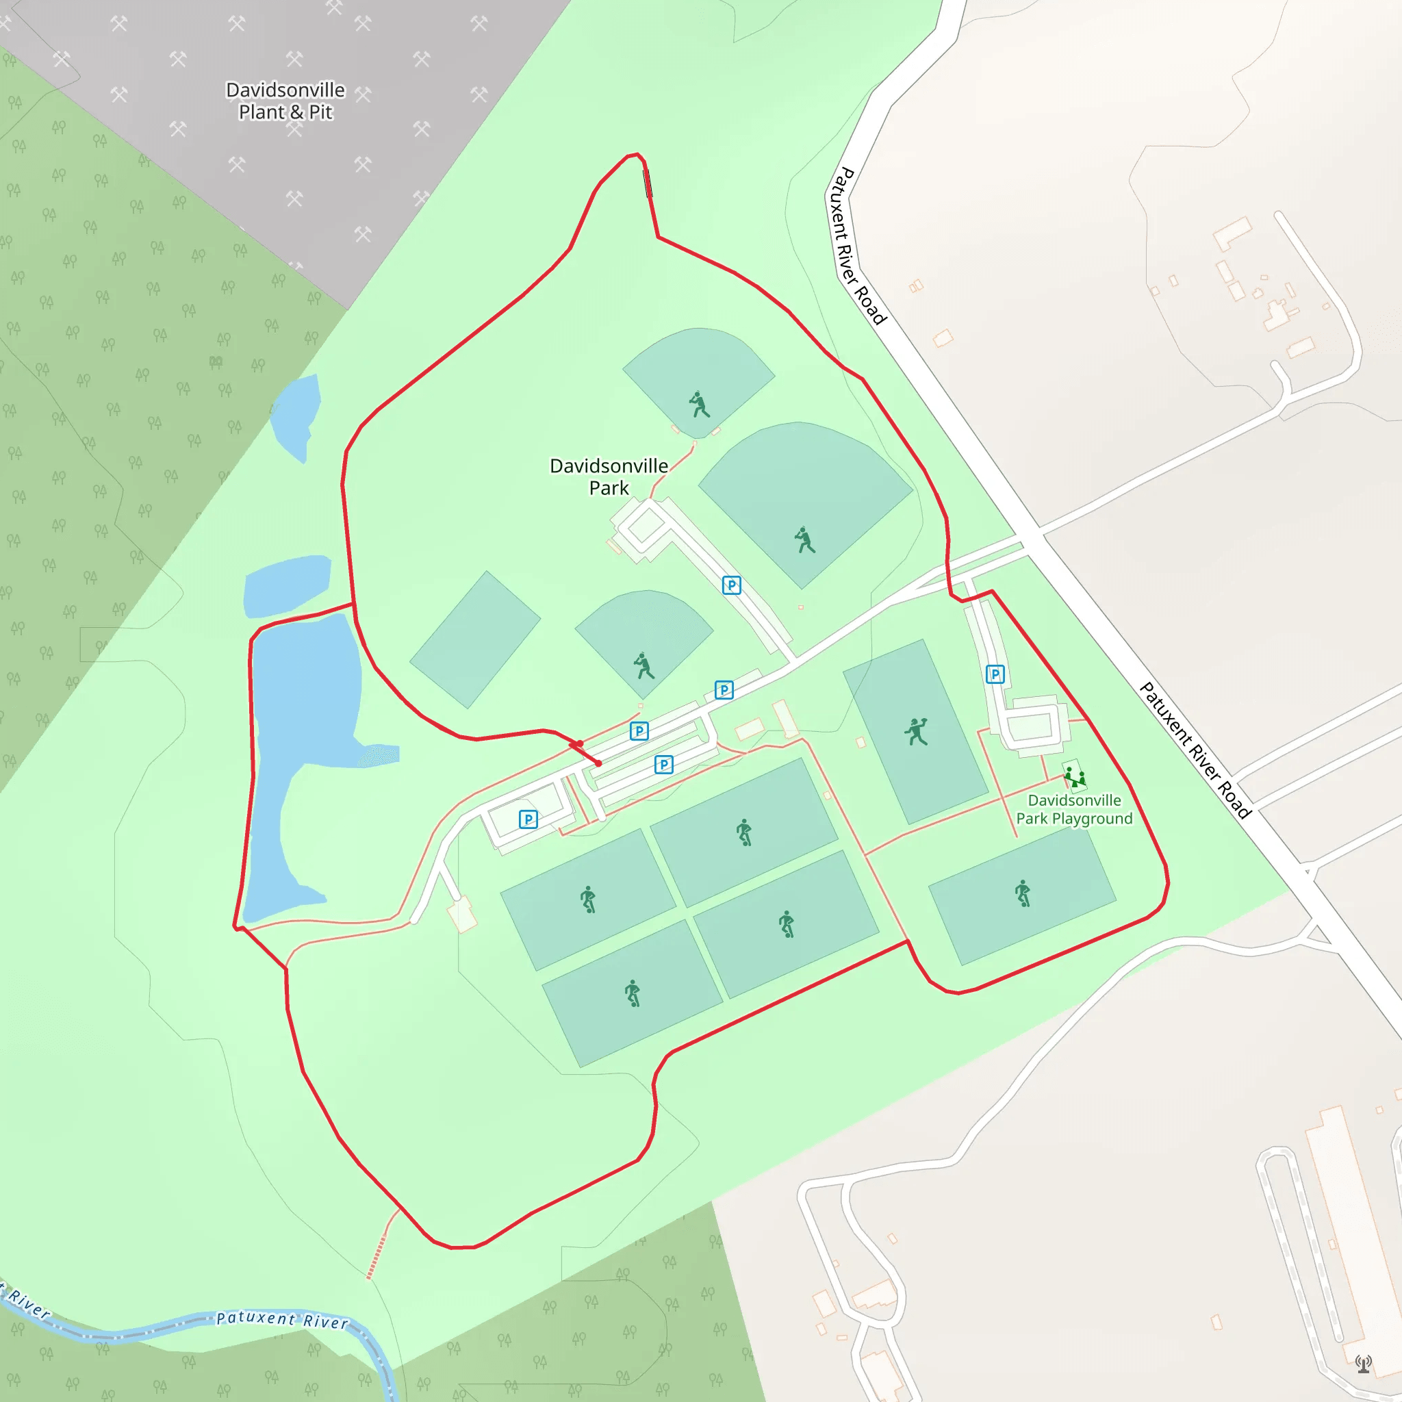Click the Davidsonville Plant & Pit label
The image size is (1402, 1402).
click(x=285, y=101)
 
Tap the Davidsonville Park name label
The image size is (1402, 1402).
click(x=609, y=476)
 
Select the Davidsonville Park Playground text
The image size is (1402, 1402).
click(x=1074, y=809)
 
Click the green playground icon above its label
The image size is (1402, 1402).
click(x=1074, y=778)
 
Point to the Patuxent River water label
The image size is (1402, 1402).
click(x=282, y=1320)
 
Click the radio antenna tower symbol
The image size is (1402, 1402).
click(x=1364, y=1364)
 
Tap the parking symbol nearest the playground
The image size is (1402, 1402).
click(x=995, y=674)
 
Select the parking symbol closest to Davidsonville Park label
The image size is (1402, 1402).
click(x=732, y=585)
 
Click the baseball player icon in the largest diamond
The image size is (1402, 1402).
click(x=804, y=540)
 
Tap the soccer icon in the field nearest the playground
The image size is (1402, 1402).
click(x=1023, y=893)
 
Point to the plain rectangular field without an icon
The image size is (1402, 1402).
click(x=475, y=639)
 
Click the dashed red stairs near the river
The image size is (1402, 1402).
click(x=376, y=1257)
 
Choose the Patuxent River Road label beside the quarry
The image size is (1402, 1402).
click(x=858, y=244)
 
